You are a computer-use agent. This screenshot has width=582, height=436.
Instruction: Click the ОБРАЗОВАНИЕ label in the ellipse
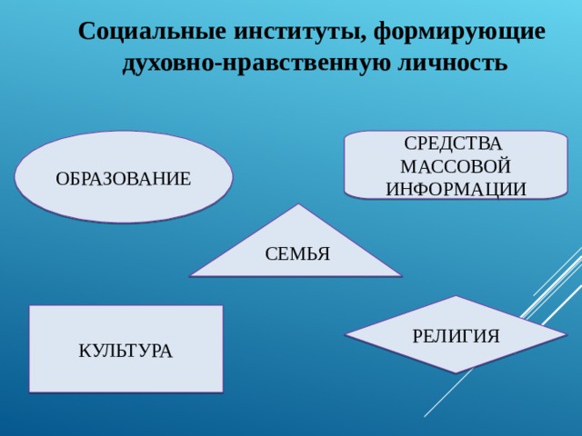pos(124,179)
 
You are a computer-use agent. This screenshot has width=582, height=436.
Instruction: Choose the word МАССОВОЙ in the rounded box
pos(456,167)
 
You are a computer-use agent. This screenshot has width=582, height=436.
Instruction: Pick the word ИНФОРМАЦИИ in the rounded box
pos(456,189)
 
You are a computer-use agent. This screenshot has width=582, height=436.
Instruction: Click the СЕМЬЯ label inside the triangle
pos(297,253)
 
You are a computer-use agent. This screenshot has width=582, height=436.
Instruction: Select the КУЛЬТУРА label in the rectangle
pos(125,350)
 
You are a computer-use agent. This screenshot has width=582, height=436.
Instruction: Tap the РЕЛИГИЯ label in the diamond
pos(456,336)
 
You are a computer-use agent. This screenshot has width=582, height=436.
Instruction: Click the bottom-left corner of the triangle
pos(190,275)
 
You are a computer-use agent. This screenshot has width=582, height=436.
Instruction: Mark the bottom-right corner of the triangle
pos(403,275)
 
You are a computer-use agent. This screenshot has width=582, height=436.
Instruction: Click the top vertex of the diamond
pos(456,296)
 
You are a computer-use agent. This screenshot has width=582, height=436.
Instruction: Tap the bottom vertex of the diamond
pos(456,373)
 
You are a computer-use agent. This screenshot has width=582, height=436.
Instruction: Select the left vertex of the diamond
pos(345,335)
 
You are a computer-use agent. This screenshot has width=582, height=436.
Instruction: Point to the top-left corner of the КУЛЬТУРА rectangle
pos(30,306)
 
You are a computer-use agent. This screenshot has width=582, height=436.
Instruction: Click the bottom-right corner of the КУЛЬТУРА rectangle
pos(222,391)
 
